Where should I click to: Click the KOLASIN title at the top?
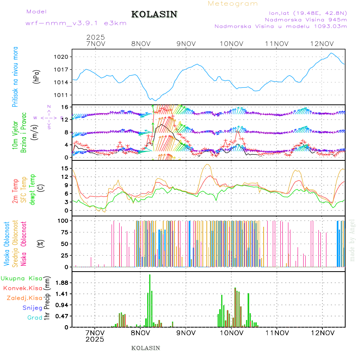coord(154,14)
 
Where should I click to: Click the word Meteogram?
coord(233,4)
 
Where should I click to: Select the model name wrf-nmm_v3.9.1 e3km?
coord(76,23)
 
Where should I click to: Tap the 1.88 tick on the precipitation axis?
coord(62,283)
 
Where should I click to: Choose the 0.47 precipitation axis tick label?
coord(62,316)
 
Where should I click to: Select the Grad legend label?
coord(35,318)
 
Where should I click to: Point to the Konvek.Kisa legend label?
coord(23,288)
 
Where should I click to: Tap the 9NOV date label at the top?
coord(186,44)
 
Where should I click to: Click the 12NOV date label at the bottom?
coord(322,333)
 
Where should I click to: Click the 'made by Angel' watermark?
coord(352,240)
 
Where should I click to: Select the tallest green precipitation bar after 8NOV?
coord(150,300)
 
